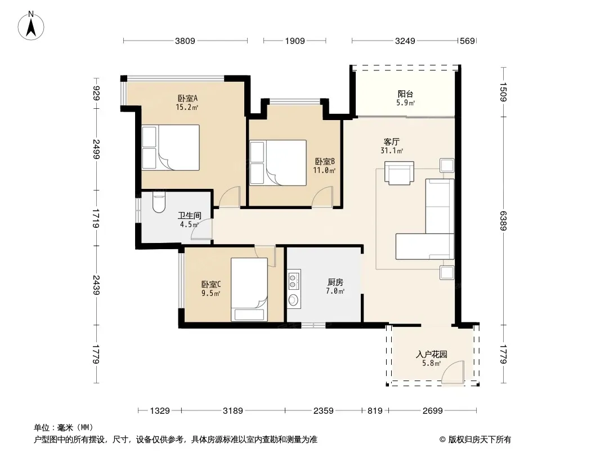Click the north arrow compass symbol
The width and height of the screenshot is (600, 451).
pyautogui.click(x=31, y=26)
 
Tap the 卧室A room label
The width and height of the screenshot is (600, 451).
pyautogui.click(x=187, y=99)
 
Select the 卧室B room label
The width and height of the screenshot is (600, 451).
pyautogui.click(x=325, y=162)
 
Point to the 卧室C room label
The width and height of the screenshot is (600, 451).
pyautogui.click(x=211, y=285)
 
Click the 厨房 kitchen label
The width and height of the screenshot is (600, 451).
pyautogui.click(x=335, y=282)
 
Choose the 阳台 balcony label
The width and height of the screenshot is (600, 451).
pyautogui.click(x=405, y=94)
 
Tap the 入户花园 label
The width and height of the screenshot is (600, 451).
pyautogui.click(x=431, y=355)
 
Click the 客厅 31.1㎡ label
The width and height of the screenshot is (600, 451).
pyautogui.click(x=391, y=146)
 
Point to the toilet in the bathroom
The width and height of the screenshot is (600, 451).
pyautogui.click(x=159, y=202)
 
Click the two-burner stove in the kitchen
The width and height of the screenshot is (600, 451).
pyautogui.click(x=294, y=280)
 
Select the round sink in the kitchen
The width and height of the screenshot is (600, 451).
pyautogui.click(x=294, y=299)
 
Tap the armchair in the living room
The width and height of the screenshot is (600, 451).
pyautogui.click(x=399, y=173)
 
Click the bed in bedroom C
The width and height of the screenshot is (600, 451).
pyautogui.click(x=249, y=289)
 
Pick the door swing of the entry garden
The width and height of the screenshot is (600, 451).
pyautogui.click(x=453, y=372)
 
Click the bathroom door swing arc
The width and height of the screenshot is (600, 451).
pyautogui.click(x=202, y=229)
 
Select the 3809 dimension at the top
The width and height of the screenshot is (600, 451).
pyautogui.click(x=185, y=41)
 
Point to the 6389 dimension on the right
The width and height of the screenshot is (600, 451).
pyautogui.click(x=503, y=221)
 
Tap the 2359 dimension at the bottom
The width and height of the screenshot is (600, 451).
pyautogui.click(x=323, y=411)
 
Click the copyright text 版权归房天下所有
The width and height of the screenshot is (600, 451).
pyautogui.click(x=480, y=440)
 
